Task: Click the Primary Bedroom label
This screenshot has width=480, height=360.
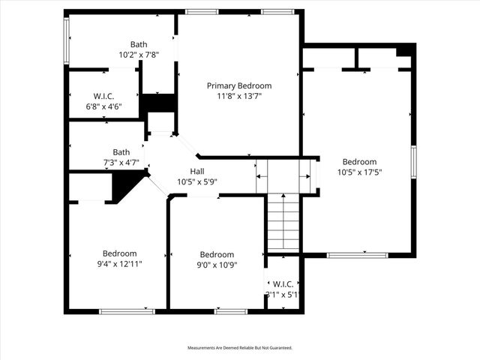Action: click(x=239, y=85)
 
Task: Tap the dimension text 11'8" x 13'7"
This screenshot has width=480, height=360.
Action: click(x=239, y=96)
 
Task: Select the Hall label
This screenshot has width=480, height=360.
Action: click(x=196, y=172)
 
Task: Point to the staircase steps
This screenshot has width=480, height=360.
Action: click(x=284, y=222)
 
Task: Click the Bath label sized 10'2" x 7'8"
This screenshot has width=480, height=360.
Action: click(x=139, y=44)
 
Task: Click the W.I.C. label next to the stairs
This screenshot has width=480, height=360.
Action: click(x=283, y=283)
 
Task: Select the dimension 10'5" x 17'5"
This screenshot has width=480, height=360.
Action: click(x=359, y=172)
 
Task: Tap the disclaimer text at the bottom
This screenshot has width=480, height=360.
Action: click(x=239, y=348)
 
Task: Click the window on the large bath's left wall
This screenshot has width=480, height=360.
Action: click(x=67, y=40)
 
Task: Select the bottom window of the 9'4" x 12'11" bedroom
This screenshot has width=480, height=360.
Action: click(x=117, y=311)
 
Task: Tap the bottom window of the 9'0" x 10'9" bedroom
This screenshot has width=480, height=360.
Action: click(x=230, y=311)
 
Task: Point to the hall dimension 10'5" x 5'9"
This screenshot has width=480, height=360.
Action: click(x=196, y=182)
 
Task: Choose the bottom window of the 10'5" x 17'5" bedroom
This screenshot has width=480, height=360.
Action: click(x=357, y=255)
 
